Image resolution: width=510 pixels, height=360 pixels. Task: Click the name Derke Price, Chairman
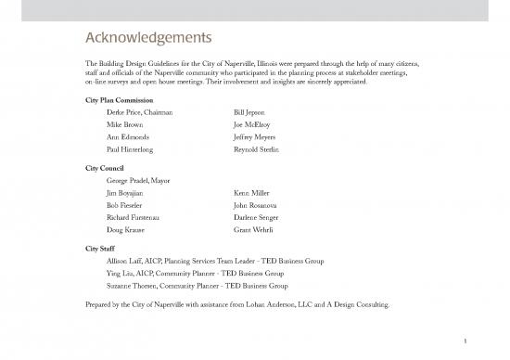tap(140, 111)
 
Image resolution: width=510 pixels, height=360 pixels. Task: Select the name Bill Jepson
tap(251, 111)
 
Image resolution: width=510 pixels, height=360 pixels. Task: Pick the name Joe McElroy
tap(253, 123)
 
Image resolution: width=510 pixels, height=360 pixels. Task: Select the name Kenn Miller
tap(252, 193)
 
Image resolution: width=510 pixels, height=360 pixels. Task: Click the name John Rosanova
tap(256, 205)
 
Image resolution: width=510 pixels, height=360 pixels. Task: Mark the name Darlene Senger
tap(256, 217)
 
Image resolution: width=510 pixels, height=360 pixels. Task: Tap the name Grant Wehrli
tap(253, 230)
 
